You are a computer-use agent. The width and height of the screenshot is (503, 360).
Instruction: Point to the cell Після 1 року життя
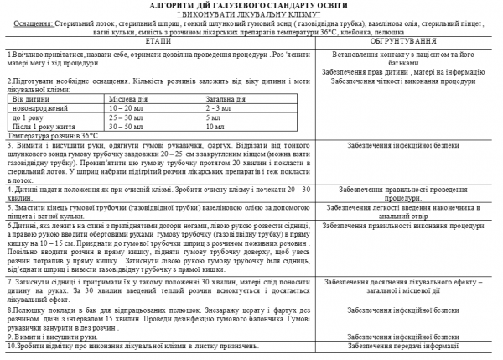tap(43, 127)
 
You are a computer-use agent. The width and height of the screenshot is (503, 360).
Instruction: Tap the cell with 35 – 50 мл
tap(121, 127)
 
